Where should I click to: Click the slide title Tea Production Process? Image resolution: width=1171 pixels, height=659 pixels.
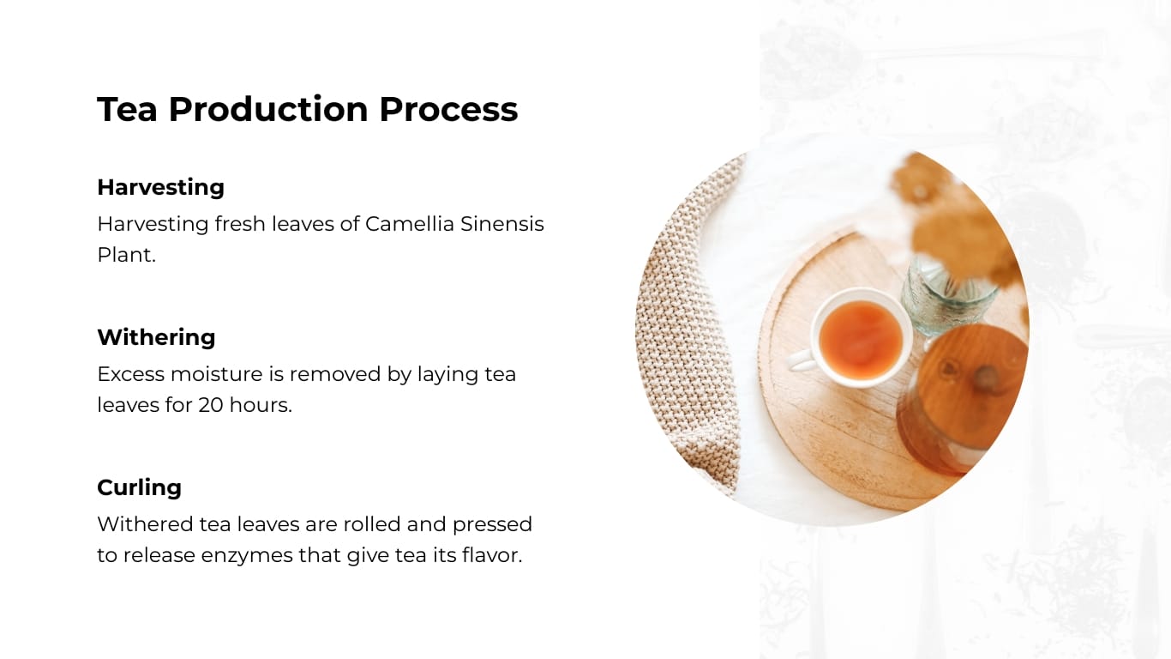point(307,110)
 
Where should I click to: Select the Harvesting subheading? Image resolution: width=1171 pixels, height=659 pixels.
point(160,187)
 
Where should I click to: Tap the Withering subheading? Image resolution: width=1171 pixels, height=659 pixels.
point(156,337)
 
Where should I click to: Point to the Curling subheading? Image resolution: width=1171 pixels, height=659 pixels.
point(139,487)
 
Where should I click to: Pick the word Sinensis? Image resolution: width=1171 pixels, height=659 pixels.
point(502,224)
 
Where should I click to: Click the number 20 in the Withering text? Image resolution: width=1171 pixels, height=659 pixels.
point(211,405)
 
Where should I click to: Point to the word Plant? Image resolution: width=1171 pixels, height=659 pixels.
point(126,255)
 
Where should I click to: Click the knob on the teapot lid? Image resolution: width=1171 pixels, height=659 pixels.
point(985,377)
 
